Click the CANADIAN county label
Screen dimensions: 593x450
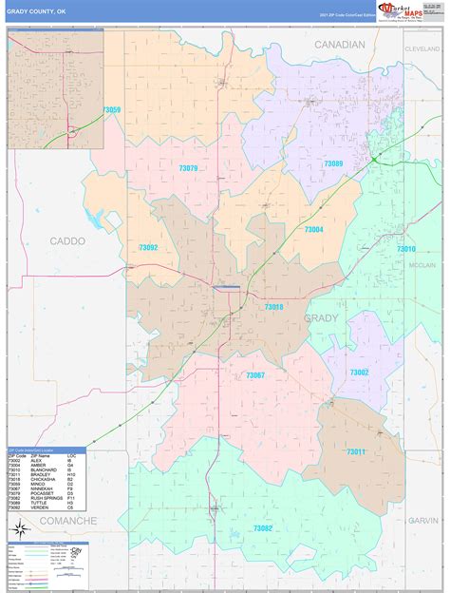pos(340,45)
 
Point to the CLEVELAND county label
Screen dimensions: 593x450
pos(421,48)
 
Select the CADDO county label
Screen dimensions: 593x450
pos(67,241)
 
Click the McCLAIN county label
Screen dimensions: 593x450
pos(422,265)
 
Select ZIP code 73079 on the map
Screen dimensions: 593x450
pos(188,168)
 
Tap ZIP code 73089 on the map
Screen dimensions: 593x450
pos(332,163)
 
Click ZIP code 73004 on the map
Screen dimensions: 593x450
pos(313,229)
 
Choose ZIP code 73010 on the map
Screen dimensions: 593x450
pos(405,248)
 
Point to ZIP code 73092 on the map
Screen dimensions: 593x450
pos(148,248)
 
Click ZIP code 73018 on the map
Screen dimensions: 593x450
pos(273,306)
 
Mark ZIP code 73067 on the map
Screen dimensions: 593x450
pos(254,375)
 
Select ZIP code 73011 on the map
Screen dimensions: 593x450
pos(354,450)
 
